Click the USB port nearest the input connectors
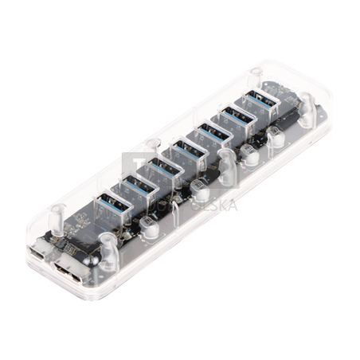[111, 205]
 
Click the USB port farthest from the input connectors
[260, 104]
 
